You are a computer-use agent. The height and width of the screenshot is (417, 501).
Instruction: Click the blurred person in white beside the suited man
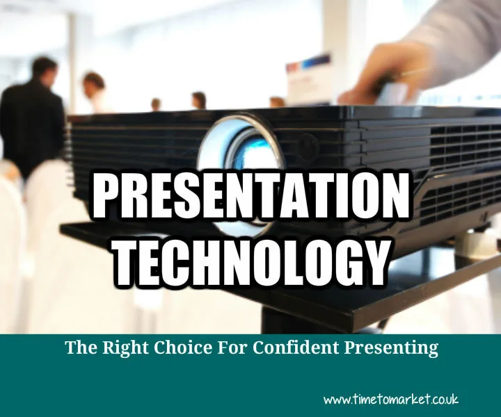(x=94, y=94)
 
